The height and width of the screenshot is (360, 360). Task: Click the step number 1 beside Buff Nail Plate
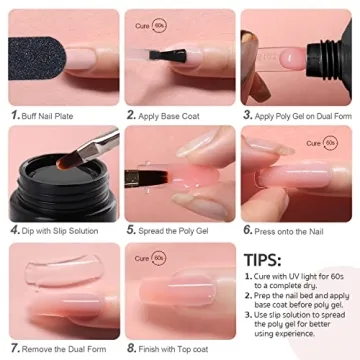[x=14, y=116]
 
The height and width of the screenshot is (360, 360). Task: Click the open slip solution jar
[x=57, y=190]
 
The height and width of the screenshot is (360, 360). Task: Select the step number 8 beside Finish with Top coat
[x=131, y=347]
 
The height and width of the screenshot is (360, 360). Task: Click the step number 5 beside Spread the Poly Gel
[x=131, y=229]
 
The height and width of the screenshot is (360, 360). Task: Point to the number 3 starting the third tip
[x=247, y=318]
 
